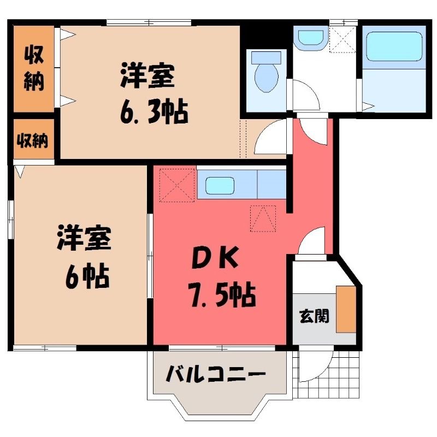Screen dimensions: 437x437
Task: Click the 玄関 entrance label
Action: tap(314, 316)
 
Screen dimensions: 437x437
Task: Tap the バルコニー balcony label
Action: tap(215, 374)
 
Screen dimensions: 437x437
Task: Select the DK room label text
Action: tap(215, 257)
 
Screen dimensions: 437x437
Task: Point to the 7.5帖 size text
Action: tap(222, 294)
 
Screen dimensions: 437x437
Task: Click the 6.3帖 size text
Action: tap(154, 111)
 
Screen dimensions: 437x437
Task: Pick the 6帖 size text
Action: tap(87, 275)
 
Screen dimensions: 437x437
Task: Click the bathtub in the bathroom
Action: tap(394, 46)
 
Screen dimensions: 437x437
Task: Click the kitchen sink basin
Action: tap(220, 185)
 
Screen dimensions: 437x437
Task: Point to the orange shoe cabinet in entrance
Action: tap(346, 309)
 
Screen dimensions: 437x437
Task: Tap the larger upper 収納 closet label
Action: tap(34, 68)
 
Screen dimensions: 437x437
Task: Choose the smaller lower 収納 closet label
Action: tap(33, 140)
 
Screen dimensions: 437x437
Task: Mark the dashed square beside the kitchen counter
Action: tap(176, 185)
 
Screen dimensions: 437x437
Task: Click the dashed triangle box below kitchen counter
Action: tap(263, 218)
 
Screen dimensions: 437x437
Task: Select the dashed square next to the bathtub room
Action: tap(343, 39)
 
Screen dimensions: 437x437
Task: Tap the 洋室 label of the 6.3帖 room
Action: tap(147, 76)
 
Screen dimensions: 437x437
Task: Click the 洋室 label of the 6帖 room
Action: tap(85, 238)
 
